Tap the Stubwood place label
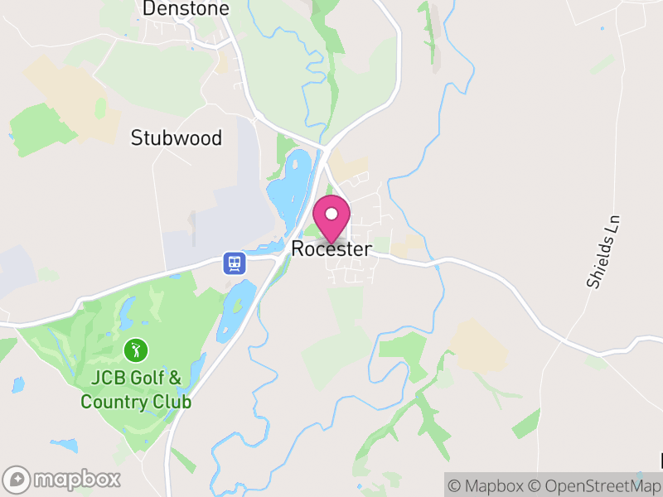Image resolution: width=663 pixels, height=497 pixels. [x=177, y=138]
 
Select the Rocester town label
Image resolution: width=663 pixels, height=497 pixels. [x=331, y=249]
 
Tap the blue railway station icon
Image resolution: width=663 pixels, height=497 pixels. [x=235, y=263]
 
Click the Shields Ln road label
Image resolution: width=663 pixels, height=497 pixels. [x=603, y=252]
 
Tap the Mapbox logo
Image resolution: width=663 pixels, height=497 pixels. [x=62, y=479]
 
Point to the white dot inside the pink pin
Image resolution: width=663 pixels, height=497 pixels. [x=332, y=214]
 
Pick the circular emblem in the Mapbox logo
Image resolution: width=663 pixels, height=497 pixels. [x=17, y=479]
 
